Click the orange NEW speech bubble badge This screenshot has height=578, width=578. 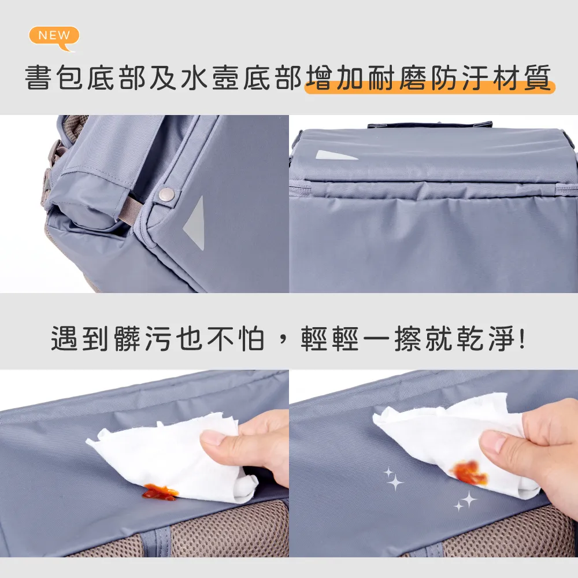click(54, 36)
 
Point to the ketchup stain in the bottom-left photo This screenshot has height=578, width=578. click(160, 492)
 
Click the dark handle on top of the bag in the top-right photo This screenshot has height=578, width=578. click(429, 124)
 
